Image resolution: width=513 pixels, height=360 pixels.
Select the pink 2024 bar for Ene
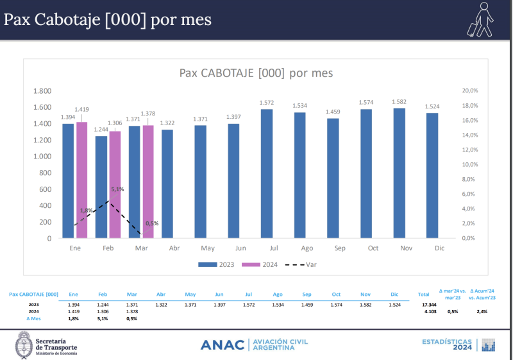pos(81,180)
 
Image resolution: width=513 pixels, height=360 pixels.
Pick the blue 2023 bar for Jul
pos(267,174)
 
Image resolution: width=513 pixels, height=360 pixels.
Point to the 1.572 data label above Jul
pos(267,103)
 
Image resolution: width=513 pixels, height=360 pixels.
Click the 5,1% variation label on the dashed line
pos(117,189)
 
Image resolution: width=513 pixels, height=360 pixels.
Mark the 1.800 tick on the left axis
pos(42,91)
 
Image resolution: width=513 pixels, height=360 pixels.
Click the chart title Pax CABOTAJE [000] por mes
pos(256,73)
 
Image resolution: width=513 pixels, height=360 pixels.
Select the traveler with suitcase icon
pos(481,19)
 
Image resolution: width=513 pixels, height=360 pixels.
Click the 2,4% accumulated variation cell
pos(482,311)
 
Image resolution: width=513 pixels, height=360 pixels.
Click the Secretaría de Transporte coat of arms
pos(24,344)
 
